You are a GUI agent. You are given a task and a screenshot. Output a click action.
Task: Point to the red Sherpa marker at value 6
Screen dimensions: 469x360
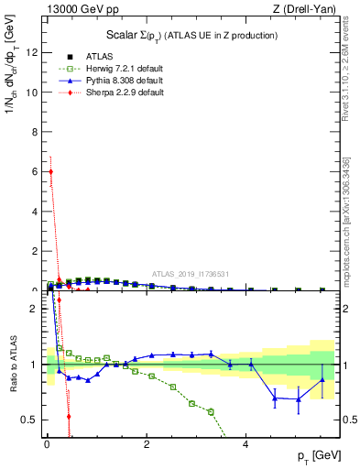pyautogui.click(x=51, y=171)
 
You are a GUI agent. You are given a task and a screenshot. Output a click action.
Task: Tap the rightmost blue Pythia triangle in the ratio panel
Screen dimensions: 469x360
pyautogui.click(x=322, y=379)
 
